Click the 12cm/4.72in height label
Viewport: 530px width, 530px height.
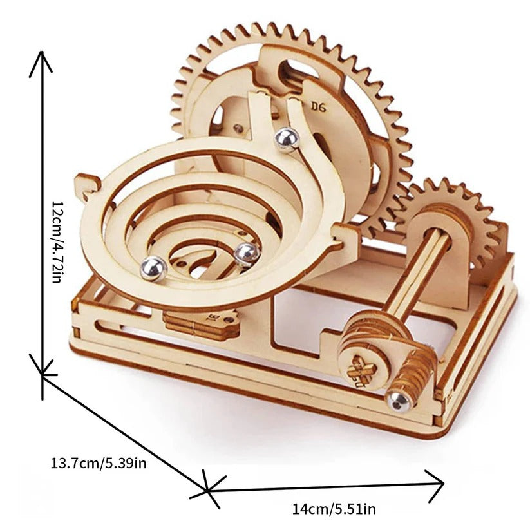[57, 241]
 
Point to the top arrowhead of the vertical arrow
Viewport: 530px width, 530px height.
[42, 61]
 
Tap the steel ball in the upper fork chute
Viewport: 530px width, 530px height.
[287, 139]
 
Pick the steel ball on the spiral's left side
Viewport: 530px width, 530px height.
[154, 267]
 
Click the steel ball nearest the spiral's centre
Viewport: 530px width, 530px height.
[246, 254]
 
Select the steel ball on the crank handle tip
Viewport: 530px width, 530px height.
[399, 400]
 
